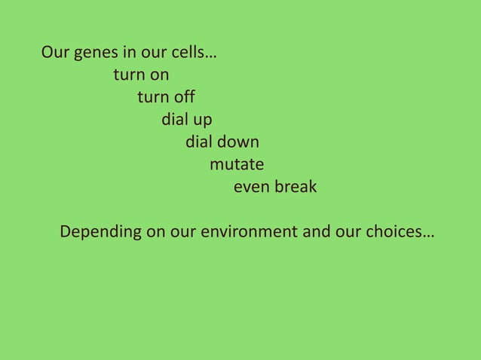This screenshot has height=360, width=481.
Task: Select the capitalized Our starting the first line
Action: click(55, 53)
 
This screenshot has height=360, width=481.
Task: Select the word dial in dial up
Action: click(176, 120)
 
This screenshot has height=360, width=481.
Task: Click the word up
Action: click(203, 121)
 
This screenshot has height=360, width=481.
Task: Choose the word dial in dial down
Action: click(200, 142)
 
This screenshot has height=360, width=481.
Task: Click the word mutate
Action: click(237, 164)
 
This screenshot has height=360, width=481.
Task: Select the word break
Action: click(296, 186)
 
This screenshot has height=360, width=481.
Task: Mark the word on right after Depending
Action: click(156, 232)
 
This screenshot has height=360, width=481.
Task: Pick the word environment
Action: click(249, 232)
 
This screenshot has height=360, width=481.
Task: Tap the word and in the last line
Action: click(317, 232)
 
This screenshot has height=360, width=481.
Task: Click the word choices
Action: click(397, 232)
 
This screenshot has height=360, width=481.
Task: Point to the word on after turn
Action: click(160, 75)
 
